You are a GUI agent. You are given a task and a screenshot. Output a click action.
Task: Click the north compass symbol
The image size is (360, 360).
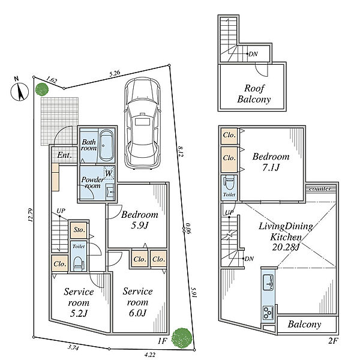20,92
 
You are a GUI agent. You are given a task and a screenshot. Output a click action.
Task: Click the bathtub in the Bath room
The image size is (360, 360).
106,146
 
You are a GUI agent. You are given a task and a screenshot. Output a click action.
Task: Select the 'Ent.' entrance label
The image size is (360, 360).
64,155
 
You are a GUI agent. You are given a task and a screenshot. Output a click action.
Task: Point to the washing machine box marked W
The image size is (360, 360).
109,172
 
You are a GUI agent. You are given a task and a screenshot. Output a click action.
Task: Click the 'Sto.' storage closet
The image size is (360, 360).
79,230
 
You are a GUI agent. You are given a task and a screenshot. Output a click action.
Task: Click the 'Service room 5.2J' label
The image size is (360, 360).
79,302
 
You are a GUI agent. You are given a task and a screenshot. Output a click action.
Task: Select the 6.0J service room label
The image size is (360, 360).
137,302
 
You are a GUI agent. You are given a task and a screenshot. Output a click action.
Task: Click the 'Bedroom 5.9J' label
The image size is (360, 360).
140,220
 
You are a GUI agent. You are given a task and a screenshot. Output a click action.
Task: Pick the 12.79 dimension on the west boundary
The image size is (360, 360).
30,215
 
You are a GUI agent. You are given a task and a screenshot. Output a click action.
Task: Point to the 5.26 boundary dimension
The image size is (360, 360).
115,73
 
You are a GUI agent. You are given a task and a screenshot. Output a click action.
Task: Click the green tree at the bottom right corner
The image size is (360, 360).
182,337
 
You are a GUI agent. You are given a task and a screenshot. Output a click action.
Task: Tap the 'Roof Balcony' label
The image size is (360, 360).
254,94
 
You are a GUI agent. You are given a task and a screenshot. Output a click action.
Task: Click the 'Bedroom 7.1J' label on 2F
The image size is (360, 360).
271,162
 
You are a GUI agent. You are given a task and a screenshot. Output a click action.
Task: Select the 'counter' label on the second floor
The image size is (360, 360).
320,189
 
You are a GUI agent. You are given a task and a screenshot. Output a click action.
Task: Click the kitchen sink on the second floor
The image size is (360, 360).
268,282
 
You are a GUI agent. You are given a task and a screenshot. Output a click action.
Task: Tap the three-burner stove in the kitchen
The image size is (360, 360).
268,312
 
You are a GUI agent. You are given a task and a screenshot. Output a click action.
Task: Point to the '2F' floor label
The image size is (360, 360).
333,341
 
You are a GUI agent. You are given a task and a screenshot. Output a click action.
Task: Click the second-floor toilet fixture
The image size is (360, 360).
229,182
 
